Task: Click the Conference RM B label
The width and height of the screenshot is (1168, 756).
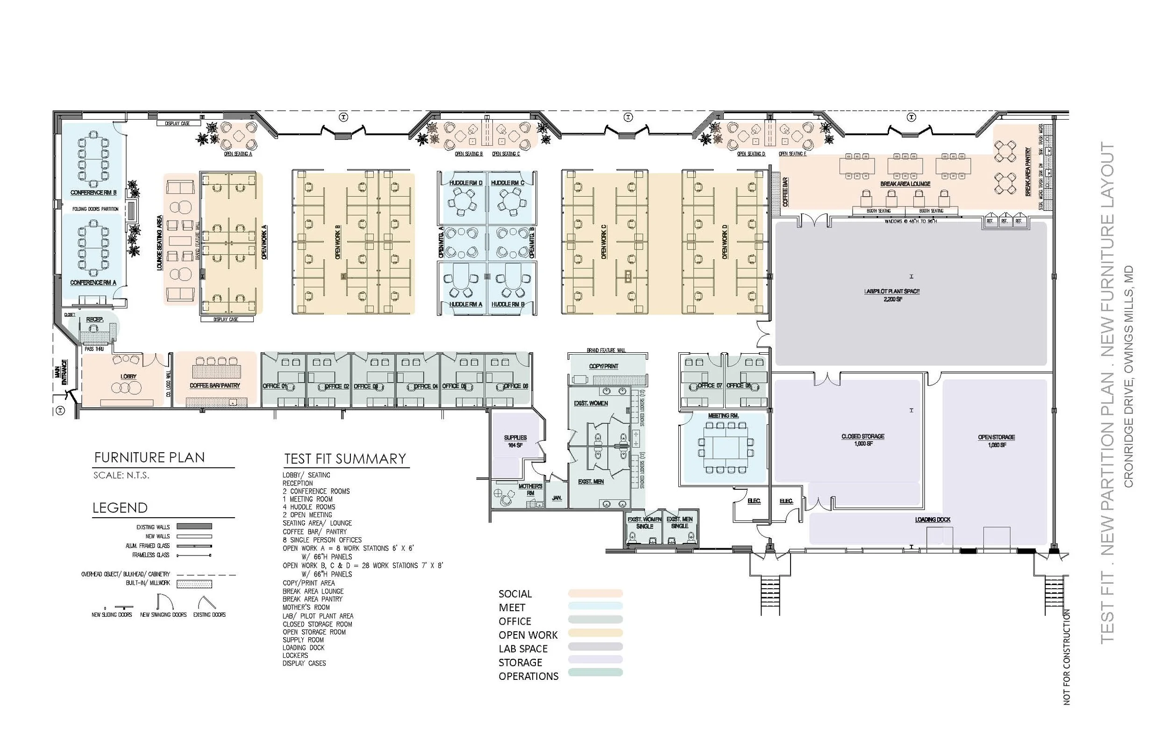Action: point(93,193)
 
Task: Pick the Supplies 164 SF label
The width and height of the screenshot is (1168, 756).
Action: point(515,441)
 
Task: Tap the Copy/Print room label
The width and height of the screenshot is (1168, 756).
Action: point(604,366)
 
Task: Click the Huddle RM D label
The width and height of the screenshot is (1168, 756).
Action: point(466,183)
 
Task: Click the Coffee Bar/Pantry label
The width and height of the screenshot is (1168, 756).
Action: point(215,385)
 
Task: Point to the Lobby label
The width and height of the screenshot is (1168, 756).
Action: point(128,377)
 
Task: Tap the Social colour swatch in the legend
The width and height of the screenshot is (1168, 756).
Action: point(595,593)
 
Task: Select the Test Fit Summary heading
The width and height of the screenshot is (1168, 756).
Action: point(345,458)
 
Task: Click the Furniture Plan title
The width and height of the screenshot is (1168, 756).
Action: point(149,457)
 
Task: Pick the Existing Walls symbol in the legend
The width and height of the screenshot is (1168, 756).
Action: point(194,526)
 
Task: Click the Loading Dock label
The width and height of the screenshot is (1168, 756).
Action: point(933,520)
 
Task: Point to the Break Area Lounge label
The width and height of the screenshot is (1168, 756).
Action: point(905,184)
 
